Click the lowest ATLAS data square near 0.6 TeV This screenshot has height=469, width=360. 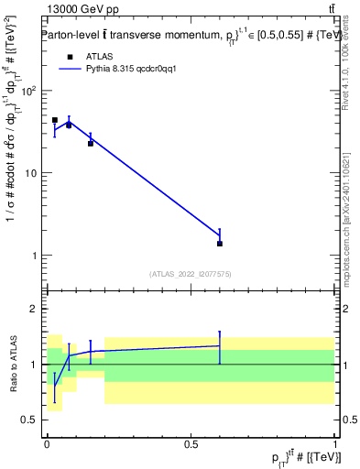tap(220, 244)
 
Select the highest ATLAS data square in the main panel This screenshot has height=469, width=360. tap(54, 120)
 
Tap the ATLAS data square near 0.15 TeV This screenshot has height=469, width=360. tap(91, 143)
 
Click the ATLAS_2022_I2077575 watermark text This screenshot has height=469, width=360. tap(190, 274)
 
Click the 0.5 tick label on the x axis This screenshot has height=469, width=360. tap(191, 442)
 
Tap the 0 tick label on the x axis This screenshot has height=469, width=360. tap(47, 442)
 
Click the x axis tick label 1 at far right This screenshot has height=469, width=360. tap(335, 442)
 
